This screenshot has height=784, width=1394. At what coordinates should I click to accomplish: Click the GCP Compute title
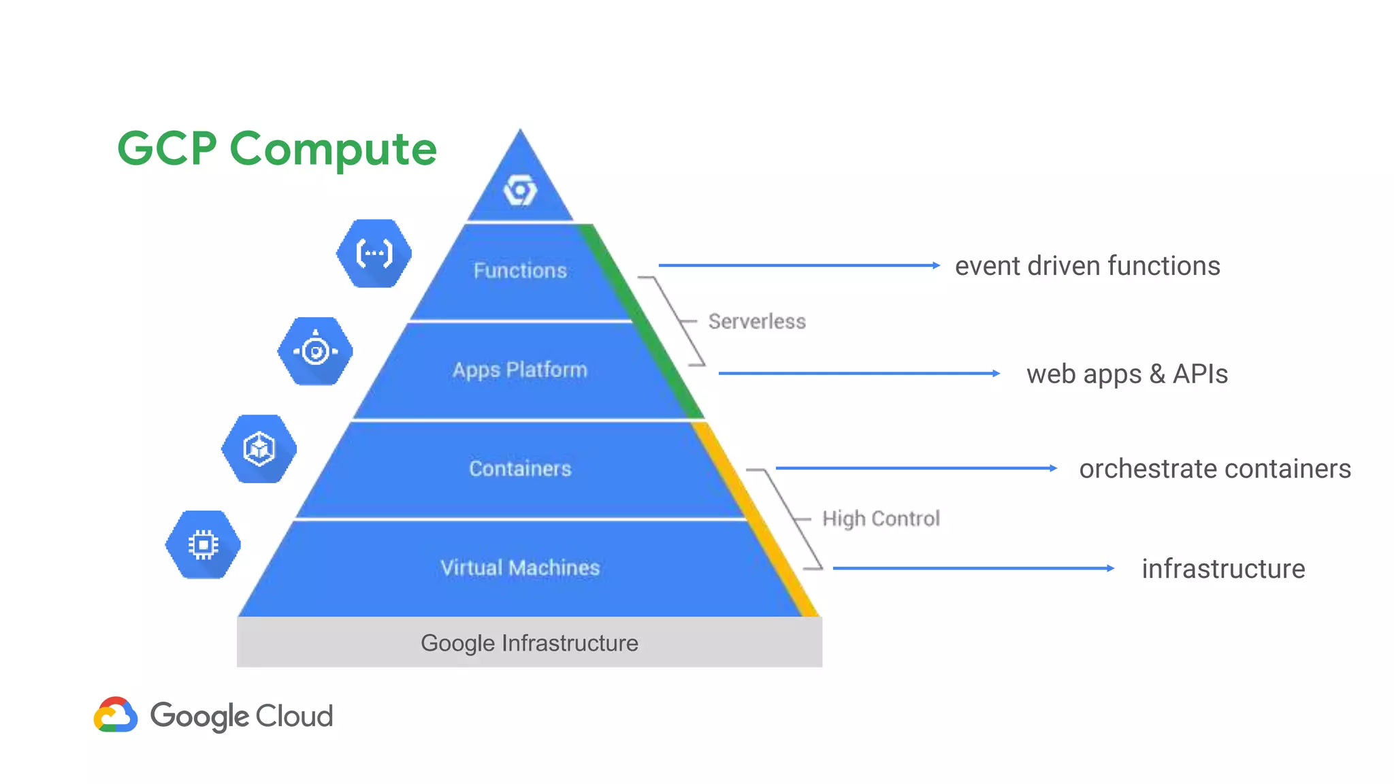tap(276, 148)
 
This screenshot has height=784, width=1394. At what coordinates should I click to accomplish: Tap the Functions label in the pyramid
tap(520, 271)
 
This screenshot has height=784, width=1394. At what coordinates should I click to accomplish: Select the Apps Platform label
tap(520, 370)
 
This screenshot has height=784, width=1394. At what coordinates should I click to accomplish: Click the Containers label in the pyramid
tap(520, 468)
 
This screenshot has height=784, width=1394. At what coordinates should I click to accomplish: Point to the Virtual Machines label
tap(520, 568)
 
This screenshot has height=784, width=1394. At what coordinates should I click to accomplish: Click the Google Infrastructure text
tap(529, 643)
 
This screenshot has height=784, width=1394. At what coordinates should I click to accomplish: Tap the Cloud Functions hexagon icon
tap(374, 253)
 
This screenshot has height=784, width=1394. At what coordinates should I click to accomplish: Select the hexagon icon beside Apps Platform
tap(315, 351)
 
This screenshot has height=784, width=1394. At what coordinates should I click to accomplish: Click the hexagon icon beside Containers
tap(259, 449)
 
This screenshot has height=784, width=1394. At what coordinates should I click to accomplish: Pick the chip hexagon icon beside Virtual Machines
tap(203, 544)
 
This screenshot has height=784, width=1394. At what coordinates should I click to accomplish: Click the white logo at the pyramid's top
tap(520, 190)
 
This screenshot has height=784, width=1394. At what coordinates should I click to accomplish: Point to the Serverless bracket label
tap(757, 321)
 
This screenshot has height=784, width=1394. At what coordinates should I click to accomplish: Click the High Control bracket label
tap(881, 519)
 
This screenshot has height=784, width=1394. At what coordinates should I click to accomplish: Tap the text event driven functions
tap(1087, 266)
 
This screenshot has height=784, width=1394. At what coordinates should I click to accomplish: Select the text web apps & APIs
tap(1127, 374)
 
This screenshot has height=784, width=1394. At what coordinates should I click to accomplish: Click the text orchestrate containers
tap(1215, 469)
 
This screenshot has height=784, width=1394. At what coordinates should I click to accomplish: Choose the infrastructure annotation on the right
tap(1223, 569)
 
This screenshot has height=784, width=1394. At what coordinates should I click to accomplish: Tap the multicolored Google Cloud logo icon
tap(116, 715)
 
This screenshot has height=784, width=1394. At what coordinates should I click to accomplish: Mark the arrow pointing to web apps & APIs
tap(859, 373)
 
